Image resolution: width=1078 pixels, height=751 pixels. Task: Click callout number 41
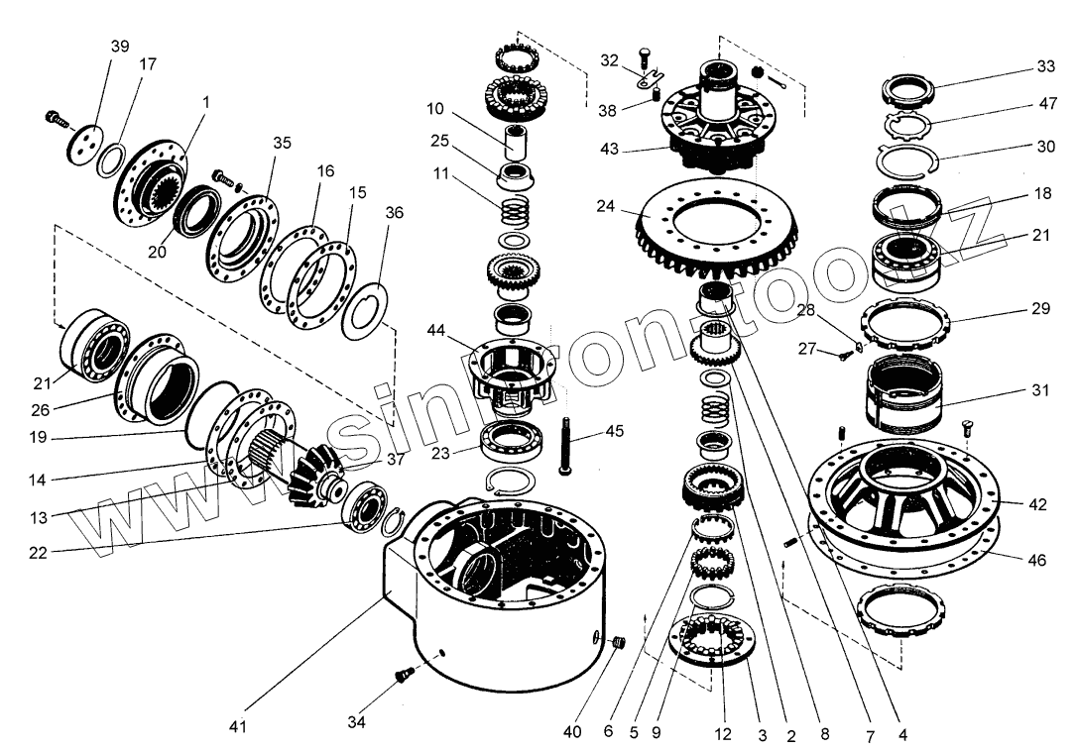coord(239,727)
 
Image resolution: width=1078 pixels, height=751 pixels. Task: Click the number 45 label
coord(614,430)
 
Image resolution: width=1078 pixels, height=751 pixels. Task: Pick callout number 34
coord(356,723)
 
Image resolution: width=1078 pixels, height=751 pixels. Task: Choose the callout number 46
coord(1037,560)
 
